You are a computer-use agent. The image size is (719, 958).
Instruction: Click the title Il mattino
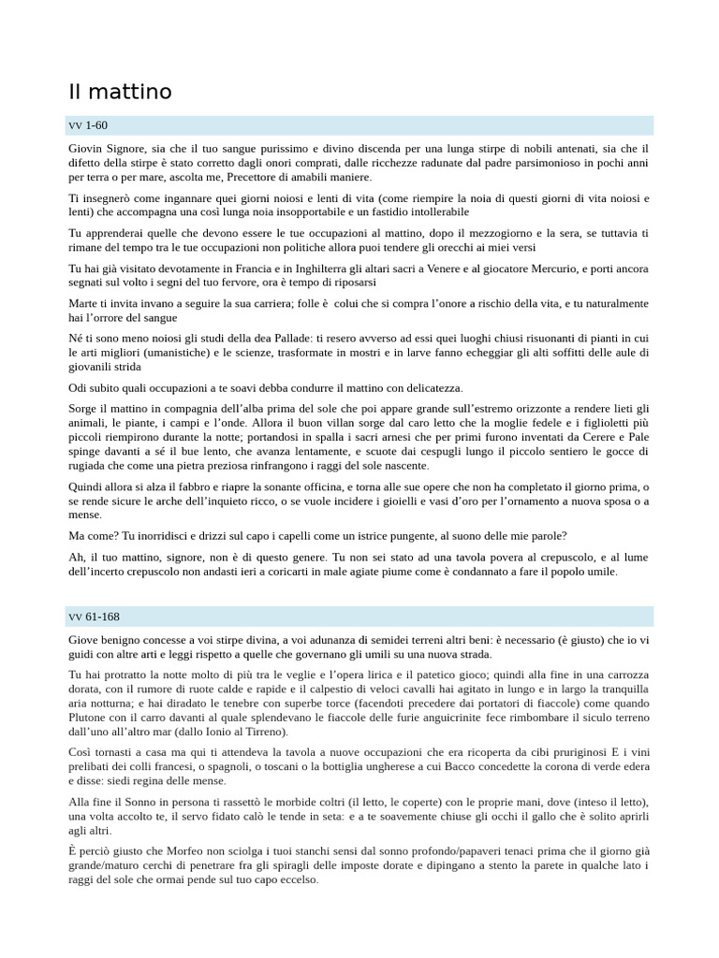click(120, 92)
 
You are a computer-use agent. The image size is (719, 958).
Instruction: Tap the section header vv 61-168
click(94, 617)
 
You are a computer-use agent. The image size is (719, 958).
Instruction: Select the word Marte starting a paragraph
click(85, 303)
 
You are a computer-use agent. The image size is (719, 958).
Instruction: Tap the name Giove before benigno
click(86, 639)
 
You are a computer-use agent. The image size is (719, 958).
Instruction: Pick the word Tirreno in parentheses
click(264, 732)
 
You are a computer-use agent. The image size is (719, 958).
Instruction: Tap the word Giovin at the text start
click(88, 149)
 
